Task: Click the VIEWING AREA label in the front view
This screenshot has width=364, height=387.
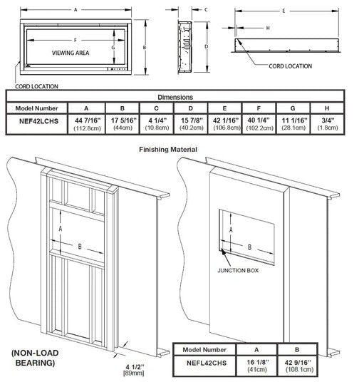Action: pyautogui.click(x=71, y=53)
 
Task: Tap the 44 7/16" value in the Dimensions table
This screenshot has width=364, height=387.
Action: pyautogui.click(x=88, y=120)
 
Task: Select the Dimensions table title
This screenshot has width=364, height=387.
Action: pyautogui.click(x=175, y=97)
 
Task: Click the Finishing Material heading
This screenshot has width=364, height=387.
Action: pyautogui.click(x=168, y=150)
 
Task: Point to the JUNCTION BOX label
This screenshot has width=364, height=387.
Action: pyautogui.click(x=238, y=271)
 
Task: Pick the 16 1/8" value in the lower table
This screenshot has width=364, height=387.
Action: pyautogui.click(x=257, y=362)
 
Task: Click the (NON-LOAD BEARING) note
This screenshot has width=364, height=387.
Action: pyautogui.click(x=35, y=358)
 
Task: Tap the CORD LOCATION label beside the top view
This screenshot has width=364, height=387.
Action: pyautogui.click(x=290, y=66)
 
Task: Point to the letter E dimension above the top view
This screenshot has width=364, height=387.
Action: pyautogui.click(x=284, y=11)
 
